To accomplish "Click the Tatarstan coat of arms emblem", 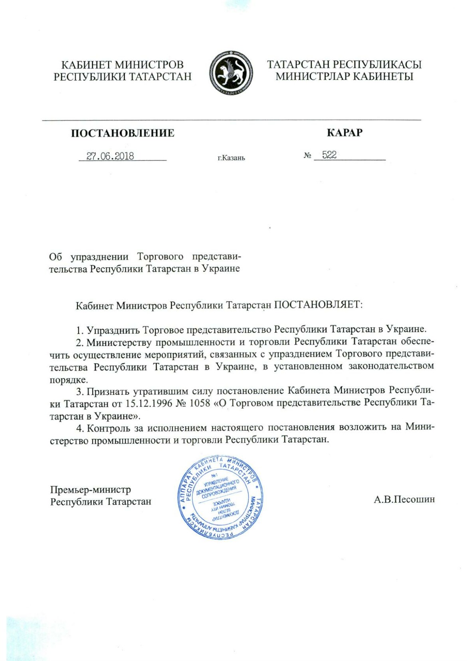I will click(230, 73).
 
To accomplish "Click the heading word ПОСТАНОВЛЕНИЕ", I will click(123, 133).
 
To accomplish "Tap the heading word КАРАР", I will click(344, 133).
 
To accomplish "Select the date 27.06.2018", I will click(111, 156).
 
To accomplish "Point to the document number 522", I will click(329, 155).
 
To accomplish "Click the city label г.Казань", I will click(231, 158).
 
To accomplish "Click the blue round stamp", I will click(220, 497).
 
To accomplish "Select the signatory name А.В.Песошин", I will click(404, 499).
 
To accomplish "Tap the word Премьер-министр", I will click(91, 490).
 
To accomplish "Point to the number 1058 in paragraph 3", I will click(200, 403).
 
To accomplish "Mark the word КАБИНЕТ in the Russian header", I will click(86, 65).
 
